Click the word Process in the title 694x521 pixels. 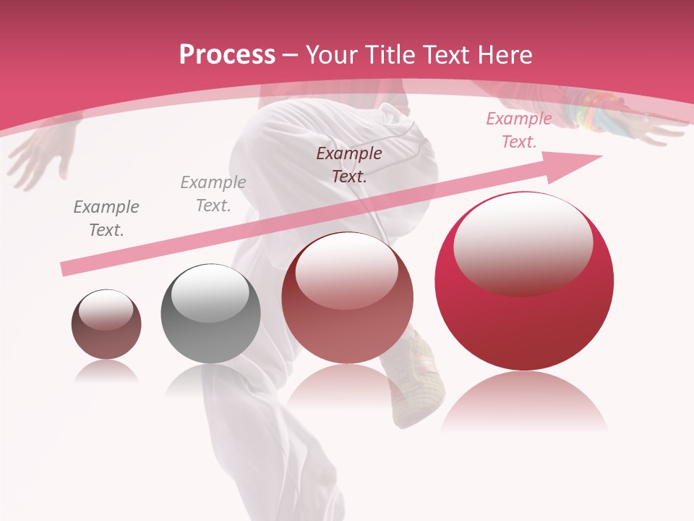[x=227, y=55]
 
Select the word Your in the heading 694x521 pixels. [x=332, y=55]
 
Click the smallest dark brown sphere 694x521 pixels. [x=106, y=324]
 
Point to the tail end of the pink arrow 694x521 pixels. [x=67, y=269]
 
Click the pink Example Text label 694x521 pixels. [x=518, y=130]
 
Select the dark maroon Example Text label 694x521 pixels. [x=349, y=164]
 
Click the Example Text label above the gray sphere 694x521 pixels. [x=213, y=194]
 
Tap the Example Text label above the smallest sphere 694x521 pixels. [x=106, y=219]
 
